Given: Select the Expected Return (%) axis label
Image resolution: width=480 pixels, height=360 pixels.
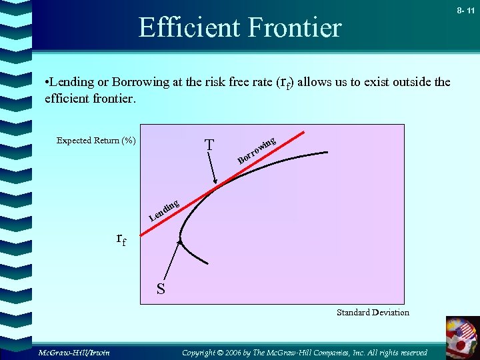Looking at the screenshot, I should [96, 141].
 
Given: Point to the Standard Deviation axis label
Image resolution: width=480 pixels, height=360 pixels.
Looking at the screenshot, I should [373, 312].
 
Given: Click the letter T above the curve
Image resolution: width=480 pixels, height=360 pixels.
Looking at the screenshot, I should [210, 145].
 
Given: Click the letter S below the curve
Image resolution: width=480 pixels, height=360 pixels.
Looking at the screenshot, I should [161, 289].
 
